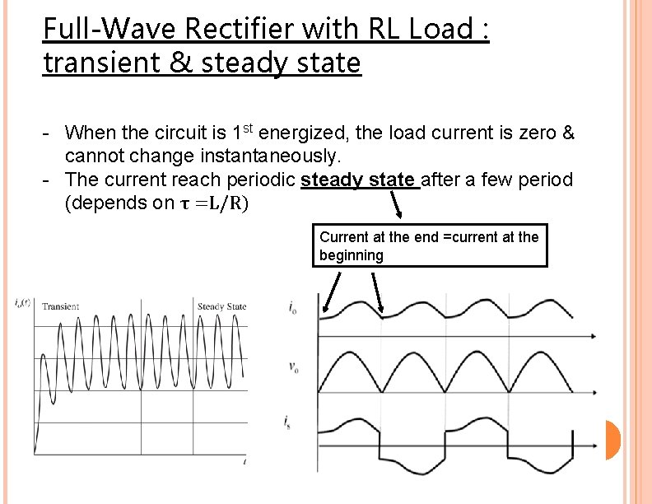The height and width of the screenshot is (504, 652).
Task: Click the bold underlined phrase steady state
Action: pos(360,180)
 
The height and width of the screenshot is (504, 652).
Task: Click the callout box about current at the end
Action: pos(430,245)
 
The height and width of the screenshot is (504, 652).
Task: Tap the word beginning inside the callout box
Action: pos(352,255)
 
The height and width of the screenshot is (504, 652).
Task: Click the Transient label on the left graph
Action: pos(60,306)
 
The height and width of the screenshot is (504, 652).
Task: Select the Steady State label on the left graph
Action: pos(221,306)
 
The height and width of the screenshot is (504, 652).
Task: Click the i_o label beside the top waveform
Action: pos(294,308)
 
